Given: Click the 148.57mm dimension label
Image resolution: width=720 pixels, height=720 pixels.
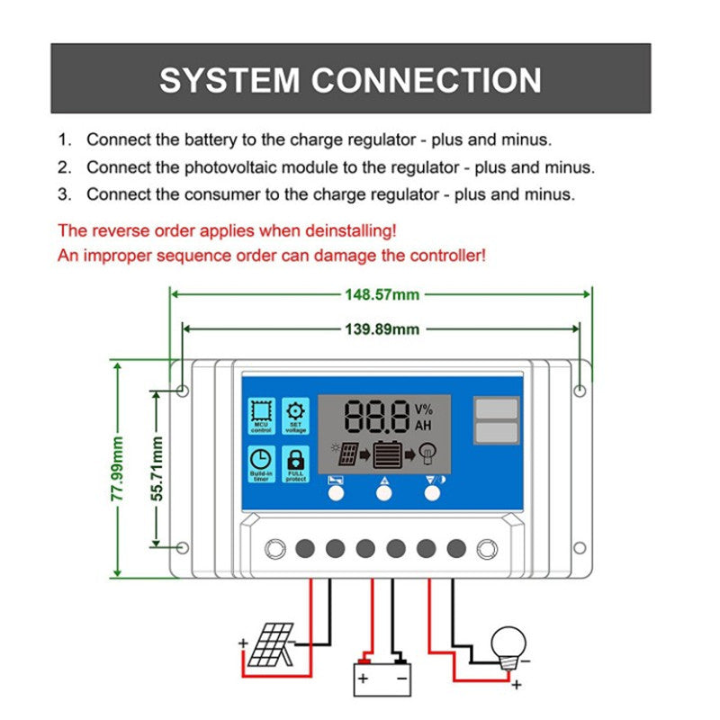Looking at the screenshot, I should click(382, 294).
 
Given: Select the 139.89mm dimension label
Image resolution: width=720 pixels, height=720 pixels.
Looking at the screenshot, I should click(382, 329).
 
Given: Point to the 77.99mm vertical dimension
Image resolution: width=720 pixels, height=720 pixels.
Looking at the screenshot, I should click(117, 468).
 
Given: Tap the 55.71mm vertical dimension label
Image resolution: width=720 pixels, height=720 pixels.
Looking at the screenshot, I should click(157, 468).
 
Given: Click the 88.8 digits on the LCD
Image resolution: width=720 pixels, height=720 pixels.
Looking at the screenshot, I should click(376, 418).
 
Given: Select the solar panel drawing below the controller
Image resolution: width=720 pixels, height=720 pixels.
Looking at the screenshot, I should click(270, 644).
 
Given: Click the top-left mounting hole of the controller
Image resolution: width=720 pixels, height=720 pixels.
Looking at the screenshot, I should click(182, 391).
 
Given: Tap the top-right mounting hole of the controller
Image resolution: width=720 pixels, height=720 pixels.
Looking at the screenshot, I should click(580, 391).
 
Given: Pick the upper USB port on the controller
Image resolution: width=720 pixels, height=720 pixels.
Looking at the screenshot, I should click(496, 409).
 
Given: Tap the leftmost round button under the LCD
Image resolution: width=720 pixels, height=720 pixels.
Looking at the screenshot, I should click(336, 493).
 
